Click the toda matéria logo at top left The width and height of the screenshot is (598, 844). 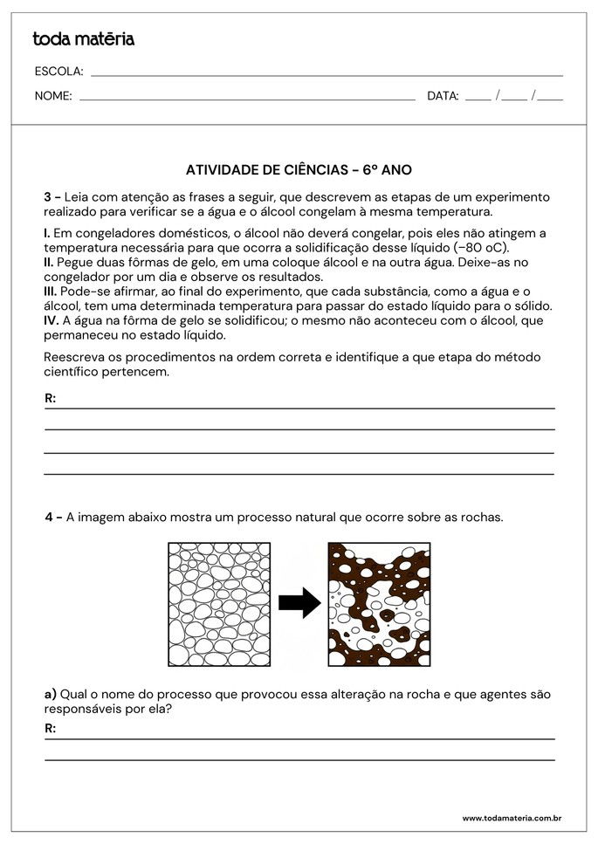coord(83,39)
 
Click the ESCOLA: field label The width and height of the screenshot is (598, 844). coord(58,72)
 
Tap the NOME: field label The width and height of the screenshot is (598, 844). coord(53,96)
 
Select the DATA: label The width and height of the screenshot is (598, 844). coord(443,96)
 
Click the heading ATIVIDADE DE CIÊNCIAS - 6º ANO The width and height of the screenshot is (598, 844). coord(299,170)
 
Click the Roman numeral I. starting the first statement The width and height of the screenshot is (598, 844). coord(47,233)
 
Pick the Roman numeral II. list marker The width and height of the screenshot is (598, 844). coord(49,262)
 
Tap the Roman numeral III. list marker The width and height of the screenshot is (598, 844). coord(51,291)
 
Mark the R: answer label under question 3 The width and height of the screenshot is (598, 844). coord(51,399)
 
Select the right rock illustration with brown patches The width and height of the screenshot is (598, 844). coord(379,605)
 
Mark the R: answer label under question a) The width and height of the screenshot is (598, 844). coord(51,728)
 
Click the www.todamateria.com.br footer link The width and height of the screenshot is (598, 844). coord(511,819)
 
